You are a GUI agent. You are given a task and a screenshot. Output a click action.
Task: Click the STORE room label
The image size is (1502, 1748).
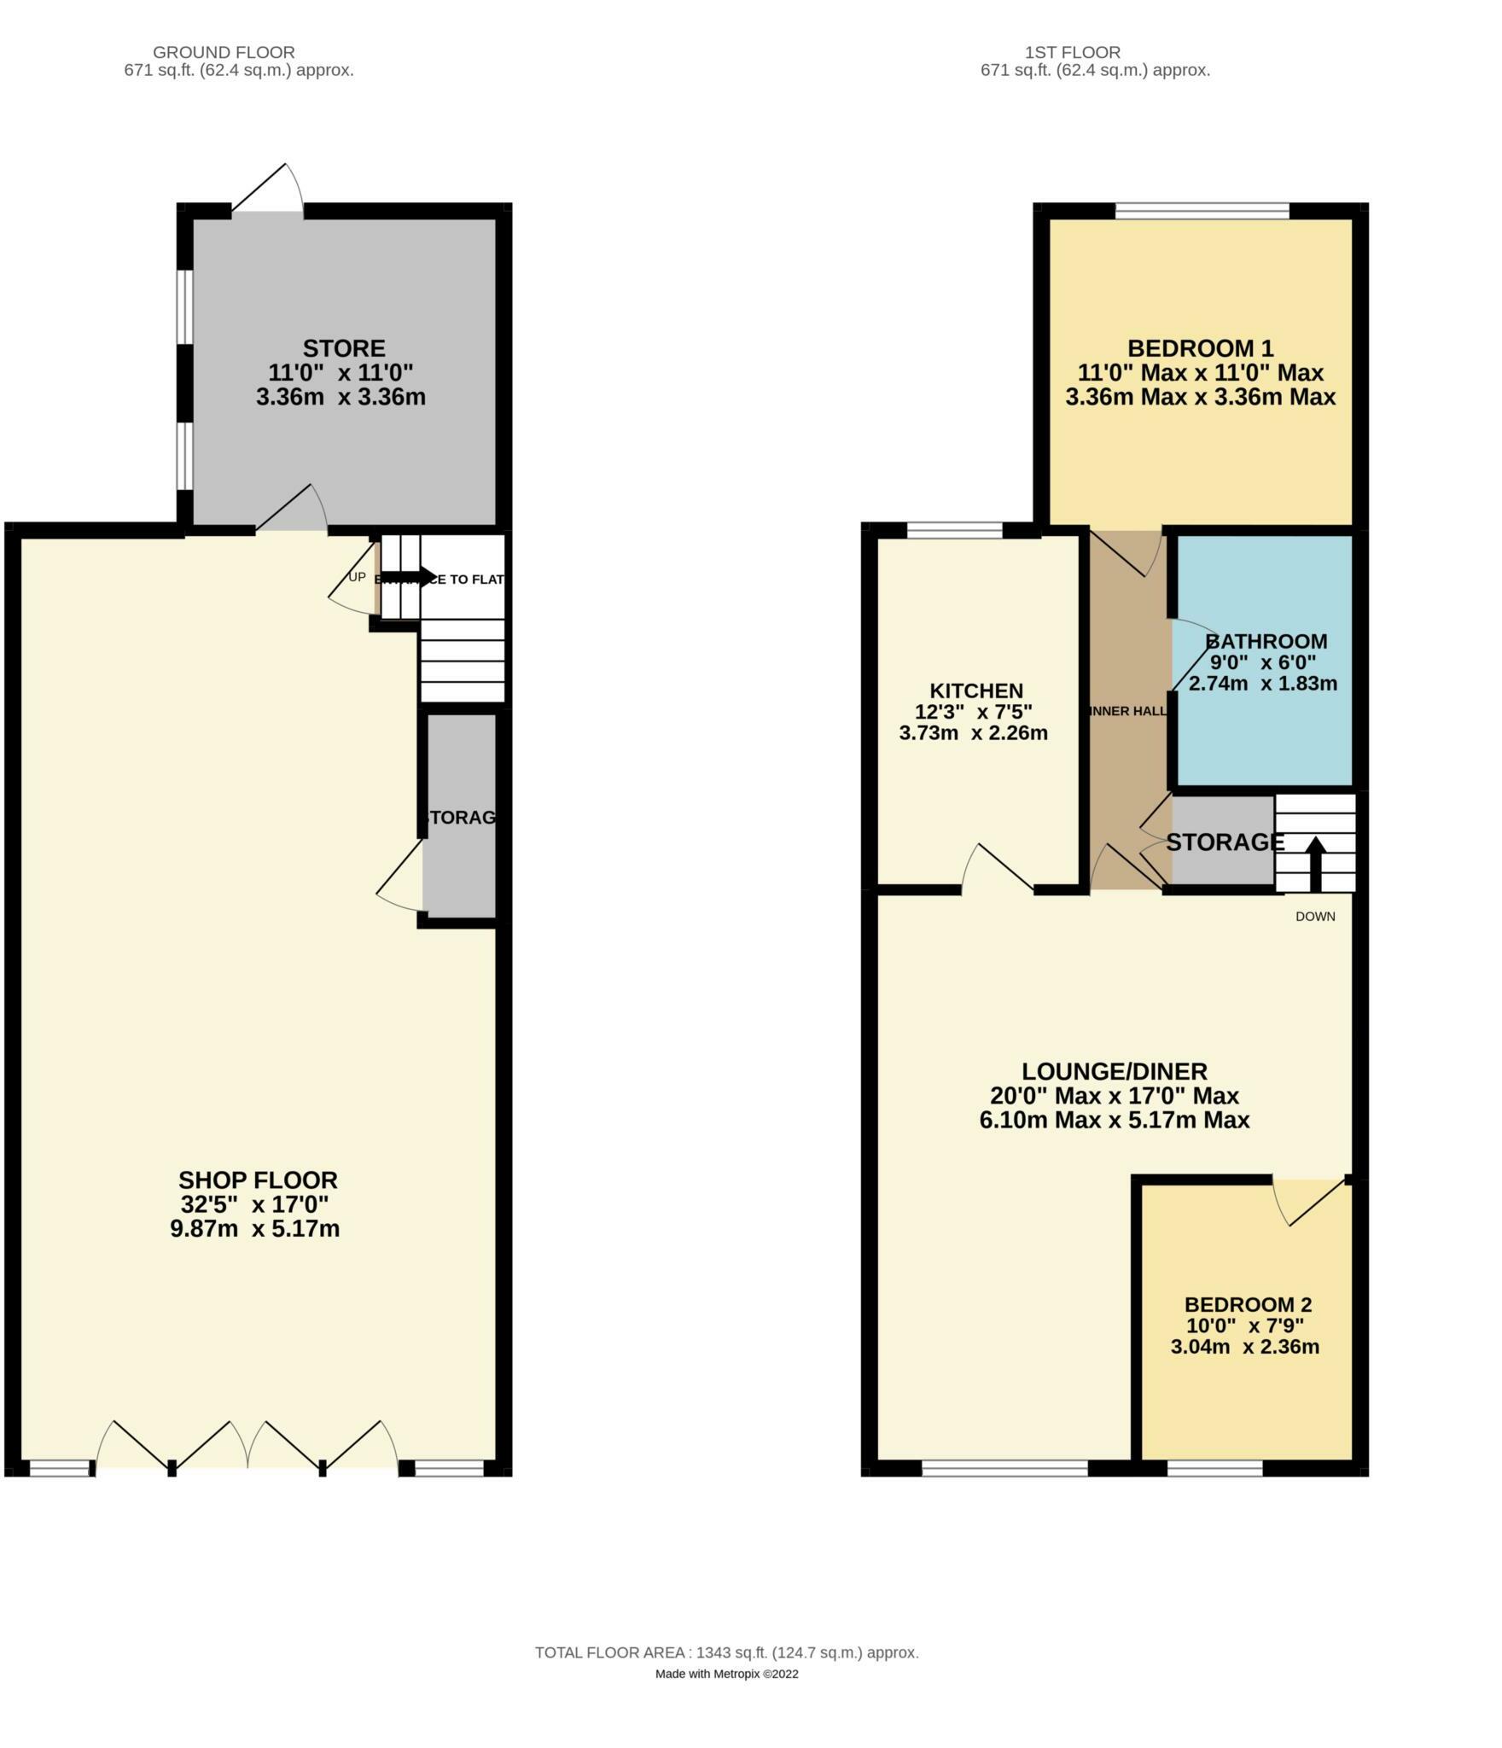pyautogui.click(x=344, y=348)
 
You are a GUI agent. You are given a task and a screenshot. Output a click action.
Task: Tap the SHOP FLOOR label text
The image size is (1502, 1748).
pyautogui.click(x=257, y=1180)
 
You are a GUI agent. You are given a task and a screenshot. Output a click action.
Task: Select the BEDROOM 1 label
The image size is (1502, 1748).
pyautogui.click(x=1200, y=348)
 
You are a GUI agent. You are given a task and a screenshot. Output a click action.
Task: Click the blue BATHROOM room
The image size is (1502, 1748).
pyautogui.click(x=1263, y=734)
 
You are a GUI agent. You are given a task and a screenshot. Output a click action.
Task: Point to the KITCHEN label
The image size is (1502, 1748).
pyautogui.click(x=976, y=690)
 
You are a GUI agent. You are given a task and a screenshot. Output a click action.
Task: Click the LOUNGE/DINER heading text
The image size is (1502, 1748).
pyautogui.click(x=1115, y=1071)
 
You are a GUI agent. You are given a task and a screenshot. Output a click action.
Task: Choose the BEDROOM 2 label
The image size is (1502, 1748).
pyautogui.click(x=1248, y=1304)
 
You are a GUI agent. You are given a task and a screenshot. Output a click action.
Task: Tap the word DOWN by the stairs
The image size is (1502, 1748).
pyautogui.click(x=1314, y=917)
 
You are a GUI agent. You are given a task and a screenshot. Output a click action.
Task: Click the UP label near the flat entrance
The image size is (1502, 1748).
pyautogui.click(x=357, y=578)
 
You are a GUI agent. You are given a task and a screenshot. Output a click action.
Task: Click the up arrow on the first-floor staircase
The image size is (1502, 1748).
pyautogui.click(x=1315, y=862)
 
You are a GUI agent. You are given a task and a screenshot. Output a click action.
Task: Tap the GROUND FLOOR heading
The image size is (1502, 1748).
pyautogui.click(x=224, y=52)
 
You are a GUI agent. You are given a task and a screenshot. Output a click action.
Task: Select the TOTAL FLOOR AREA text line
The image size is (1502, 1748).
pyautogui.click(x=726, y=1676)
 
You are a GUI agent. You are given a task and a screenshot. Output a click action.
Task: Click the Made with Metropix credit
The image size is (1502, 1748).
pyautogui.click(x=726, y=1698)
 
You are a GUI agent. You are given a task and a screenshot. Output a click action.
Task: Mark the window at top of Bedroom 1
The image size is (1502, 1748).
pyautogui.click(x=1202, y=210)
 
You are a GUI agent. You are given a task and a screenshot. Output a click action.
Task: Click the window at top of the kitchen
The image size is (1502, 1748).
pyautogui.click(x=954, y=531)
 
